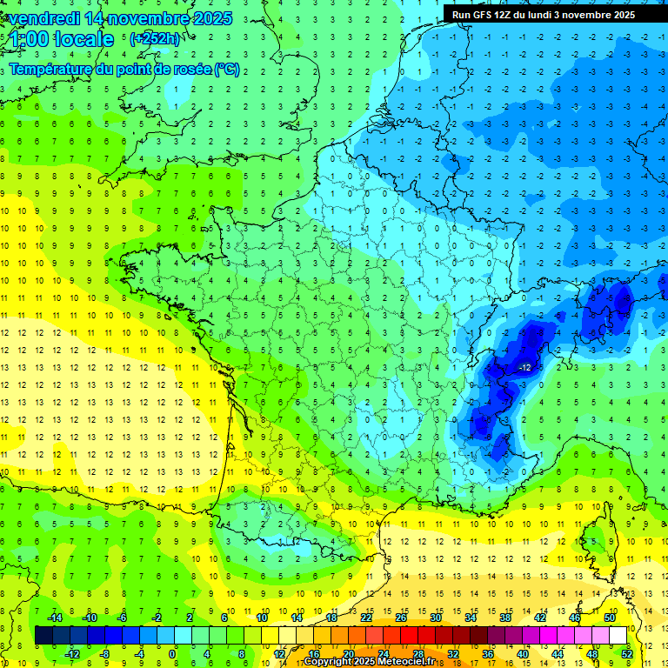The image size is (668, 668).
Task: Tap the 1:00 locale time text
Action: [61, 39]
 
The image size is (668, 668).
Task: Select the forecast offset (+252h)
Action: [154, 39]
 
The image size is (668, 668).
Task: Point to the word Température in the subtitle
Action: [52, 69]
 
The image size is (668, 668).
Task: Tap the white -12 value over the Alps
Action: [524, 368]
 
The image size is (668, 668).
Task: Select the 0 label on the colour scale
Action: [172, 653]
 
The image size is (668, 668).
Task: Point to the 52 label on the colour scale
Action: [627, 653]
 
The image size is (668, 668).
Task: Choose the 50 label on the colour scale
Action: [610, 618]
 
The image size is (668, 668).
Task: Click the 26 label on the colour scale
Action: [401, 618]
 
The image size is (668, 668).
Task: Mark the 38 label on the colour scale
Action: [505, 618]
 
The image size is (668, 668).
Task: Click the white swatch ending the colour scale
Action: [618, 635]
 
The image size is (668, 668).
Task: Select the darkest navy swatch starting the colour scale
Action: [43, 635]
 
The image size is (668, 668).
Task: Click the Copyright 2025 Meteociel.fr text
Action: [375, 662]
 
